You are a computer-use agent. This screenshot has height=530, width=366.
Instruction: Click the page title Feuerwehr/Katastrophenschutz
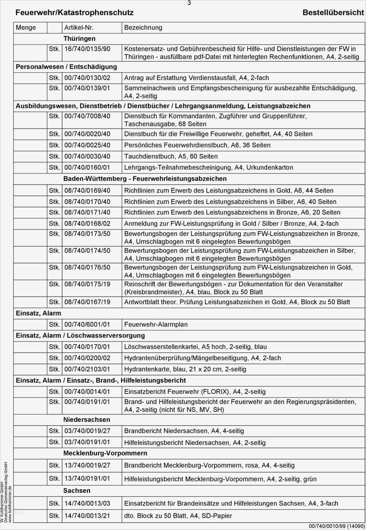click(74, 13)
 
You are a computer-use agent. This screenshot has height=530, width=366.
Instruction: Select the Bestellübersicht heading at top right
click(333, 13)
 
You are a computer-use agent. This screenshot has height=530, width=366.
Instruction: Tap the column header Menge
click(26, 27)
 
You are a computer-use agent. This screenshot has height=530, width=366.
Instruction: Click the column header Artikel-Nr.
click(79, 27)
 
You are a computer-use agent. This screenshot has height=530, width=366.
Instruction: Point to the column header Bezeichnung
click(143, 27)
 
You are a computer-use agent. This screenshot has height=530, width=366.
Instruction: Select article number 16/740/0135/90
click(87, 49)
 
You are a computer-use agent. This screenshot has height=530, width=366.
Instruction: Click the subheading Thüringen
click(79, 38)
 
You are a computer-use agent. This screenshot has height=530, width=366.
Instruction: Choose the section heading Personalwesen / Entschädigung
click(66, 67)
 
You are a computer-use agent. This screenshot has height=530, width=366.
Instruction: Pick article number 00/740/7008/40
click(87, 116)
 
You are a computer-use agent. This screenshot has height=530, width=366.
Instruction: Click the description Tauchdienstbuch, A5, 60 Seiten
click(171, 156)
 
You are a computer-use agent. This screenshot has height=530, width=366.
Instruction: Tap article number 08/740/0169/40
click(87, 190)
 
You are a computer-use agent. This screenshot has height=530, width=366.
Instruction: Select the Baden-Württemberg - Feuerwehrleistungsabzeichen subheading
click(145, 179)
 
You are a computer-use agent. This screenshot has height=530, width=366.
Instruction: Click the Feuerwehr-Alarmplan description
click(156, 324)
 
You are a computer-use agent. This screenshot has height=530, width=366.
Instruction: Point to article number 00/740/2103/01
click(87, 369)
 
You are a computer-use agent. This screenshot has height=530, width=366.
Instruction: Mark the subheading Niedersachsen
click(87, 420)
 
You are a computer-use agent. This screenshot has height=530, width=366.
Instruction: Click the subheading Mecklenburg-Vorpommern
click(105, 453)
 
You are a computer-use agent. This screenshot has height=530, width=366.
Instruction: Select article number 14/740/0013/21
click(87, 516)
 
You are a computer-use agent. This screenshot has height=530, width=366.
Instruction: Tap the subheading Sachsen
click(77, 490)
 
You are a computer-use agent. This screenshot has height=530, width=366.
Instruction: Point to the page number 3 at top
click(189, 3)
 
